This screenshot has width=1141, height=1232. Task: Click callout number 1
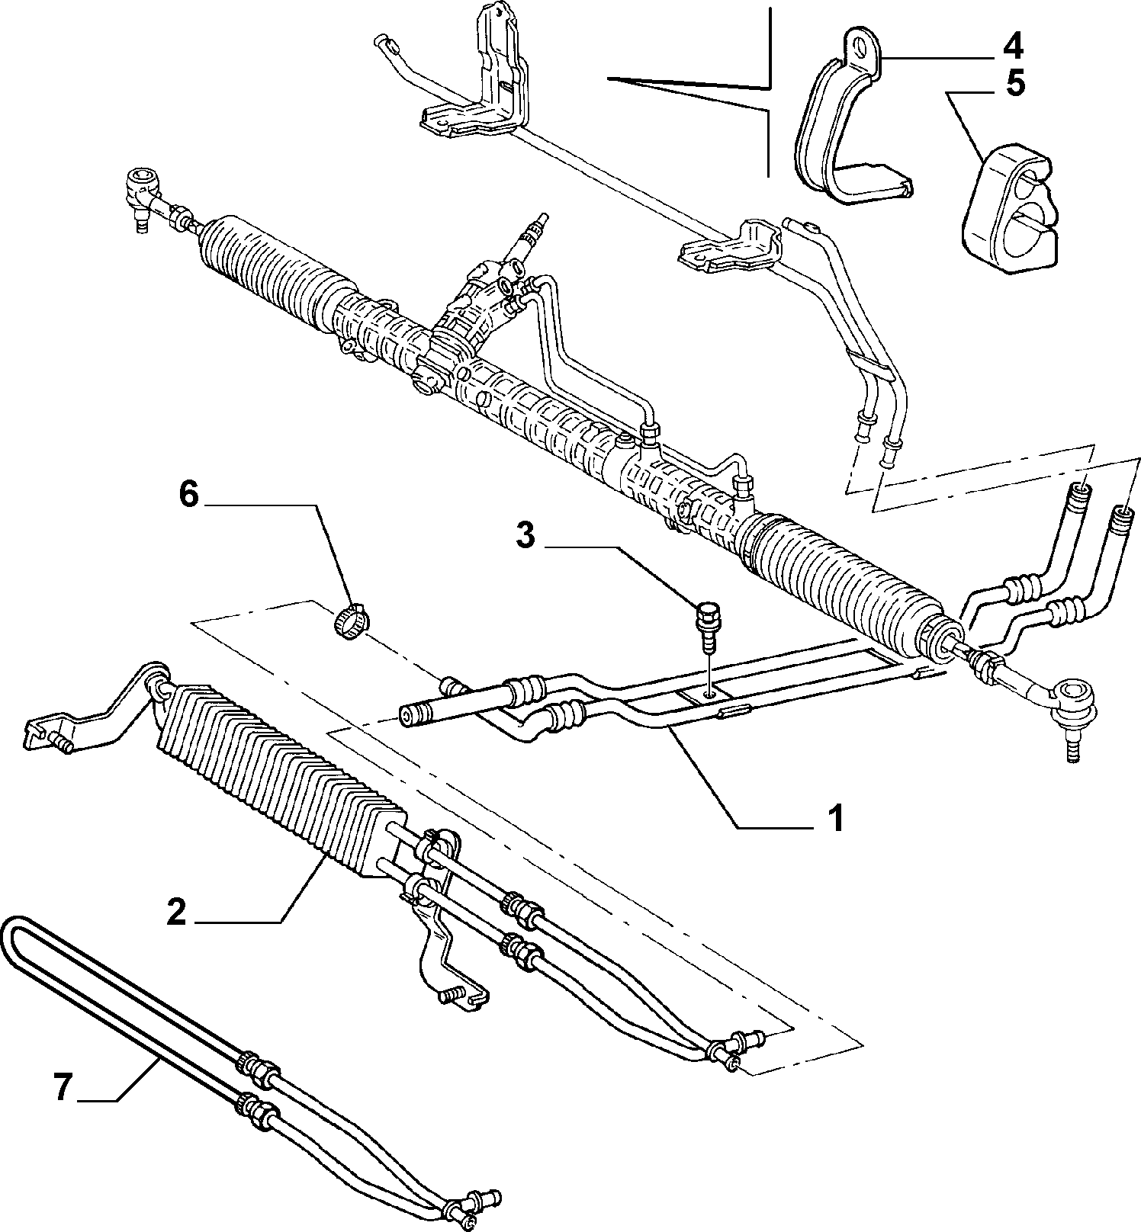[x=836, y=819]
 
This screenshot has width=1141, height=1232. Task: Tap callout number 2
[x=176, y=912]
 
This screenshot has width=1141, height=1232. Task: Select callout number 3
[x=526, y=535]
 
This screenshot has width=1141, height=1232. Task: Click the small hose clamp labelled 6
[x=351, y=620]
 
